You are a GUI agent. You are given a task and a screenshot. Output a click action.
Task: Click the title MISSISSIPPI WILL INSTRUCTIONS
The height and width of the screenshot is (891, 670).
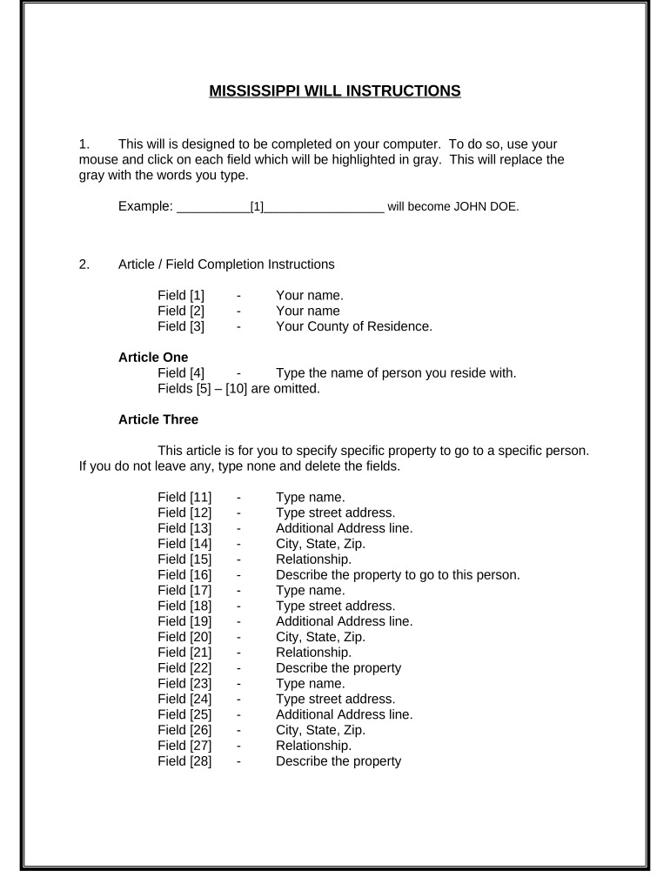tap(335, 90)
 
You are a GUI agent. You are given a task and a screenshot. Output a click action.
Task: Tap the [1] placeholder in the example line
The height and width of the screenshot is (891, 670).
tap(257, 207)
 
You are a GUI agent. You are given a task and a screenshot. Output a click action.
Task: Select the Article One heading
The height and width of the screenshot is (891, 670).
tap(153, 357)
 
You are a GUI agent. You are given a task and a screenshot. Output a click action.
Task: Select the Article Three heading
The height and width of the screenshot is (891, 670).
tap(158, 419)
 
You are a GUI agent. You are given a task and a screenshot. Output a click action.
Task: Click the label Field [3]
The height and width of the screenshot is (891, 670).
tap(181, 326)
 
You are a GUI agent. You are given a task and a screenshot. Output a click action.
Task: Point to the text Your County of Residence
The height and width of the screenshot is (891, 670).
tap(353, 326)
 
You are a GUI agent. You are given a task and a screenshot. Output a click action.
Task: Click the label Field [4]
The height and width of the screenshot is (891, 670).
tap(181, 373)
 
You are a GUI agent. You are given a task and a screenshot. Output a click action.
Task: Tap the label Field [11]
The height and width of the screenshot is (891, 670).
tap(184, 498)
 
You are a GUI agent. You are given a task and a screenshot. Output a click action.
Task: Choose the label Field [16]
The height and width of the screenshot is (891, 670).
tap(184, 574)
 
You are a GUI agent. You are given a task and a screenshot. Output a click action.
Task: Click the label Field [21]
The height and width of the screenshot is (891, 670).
tap(184, 652)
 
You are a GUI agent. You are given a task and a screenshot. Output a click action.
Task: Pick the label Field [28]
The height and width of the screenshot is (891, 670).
tap(184, 760)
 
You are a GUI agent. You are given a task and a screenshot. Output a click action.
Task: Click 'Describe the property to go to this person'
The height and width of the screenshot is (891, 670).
tap(398, 574)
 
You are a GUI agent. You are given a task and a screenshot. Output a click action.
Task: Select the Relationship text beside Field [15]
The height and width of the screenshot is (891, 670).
tap(314, 559)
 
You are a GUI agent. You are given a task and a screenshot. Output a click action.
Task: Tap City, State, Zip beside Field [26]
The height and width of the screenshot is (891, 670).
tap(321, 730)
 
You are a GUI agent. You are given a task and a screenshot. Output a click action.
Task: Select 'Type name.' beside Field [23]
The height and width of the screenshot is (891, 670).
tap(311, 683)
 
